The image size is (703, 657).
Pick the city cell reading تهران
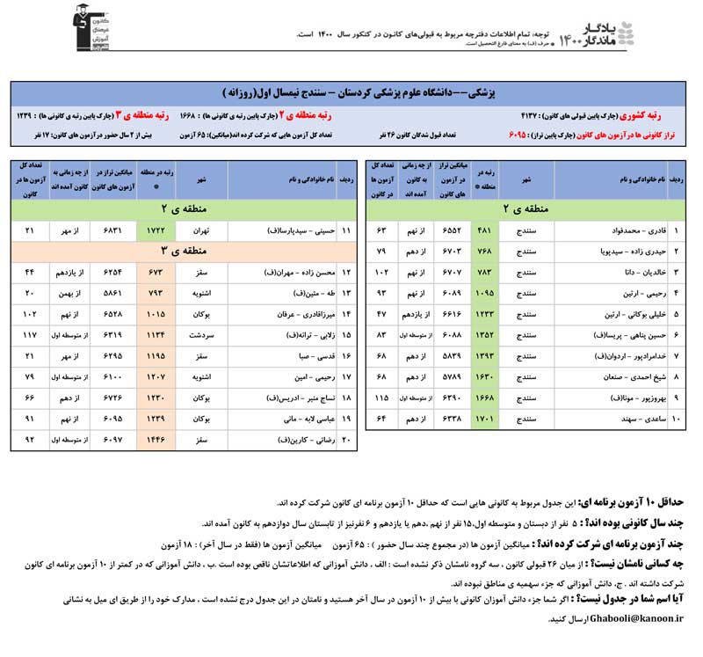tap(201, 230)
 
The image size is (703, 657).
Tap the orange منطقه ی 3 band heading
tap(181, 252)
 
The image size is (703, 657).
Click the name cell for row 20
tap(281, 437)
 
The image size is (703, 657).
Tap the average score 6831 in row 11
tap(109, 230)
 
